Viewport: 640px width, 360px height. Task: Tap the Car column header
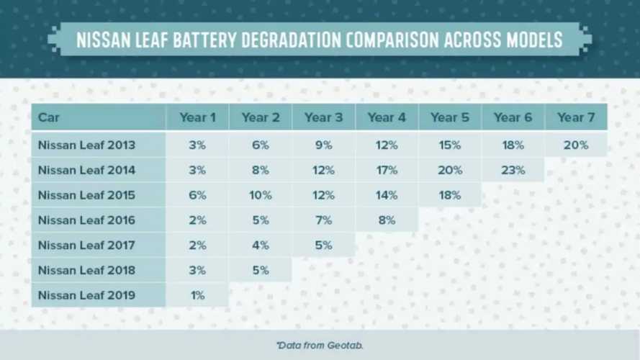tap(49, 117)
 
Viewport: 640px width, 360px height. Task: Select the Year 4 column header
tap(386, 117)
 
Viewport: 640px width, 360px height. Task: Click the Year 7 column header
tap(576, 117)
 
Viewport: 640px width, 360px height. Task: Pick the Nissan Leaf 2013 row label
tap(86, 145)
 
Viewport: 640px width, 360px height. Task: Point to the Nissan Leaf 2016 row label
tap(86, 220)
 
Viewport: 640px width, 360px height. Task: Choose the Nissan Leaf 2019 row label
tap(86, 294)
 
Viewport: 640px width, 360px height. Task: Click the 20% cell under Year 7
tap(576, 145)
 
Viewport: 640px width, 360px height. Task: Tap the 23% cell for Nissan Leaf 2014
tap(513, 170)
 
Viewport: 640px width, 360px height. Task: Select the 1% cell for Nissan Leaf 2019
tap(197, 294)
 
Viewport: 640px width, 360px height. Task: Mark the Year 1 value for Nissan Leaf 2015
tap(197, 195)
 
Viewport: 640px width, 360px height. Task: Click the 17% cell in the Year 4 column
tap(386, 170)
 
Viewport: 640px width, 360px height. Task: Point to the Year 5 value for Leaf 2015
tap(449, 195)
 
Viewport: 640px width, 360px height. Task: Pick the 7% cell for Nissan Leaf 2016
tap(323, 220)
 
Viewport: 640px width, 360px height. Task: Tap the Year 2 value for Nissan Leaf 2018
tap(260, 270)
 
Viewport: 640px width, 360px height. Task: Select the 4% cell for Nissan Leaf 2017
tap(260, 245)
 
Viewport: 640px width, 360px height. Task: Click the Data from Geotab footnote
tap(320, 346)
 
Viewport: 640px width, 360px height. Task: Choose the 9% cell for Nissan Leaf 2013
tap(323, 145)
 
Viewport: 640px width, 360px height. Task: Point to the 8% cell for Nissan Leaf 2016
tap(386, 220)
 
